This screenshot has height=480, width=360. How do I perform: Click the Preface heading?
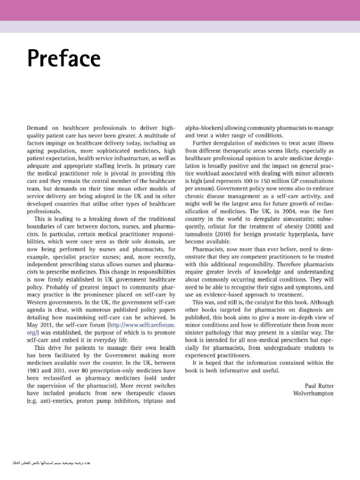pos(63,59)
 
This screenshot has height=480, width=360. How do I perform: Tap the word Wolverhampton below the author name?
pos(313,393)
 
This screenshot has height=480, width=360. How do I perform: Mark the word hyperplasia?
pos(294,234)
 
